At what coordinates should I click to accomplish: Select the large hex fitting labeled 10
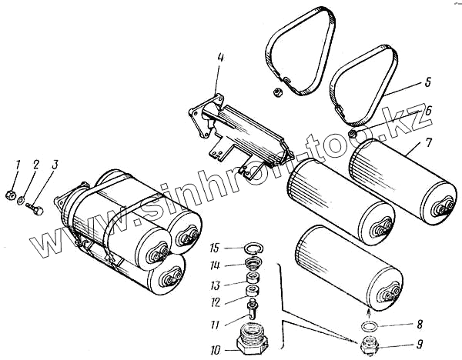tap(251, 341)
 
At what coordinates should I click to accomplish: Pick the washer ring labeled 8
tap(369, 326)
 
